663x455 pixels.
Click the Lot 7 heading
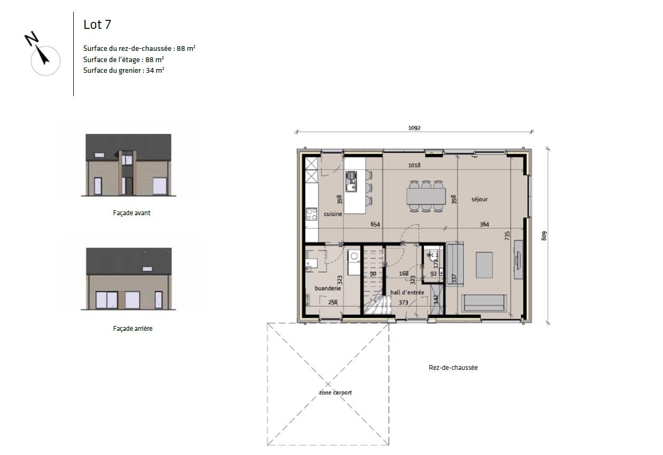pos(97,25)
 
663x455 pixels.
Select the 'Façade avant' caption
pos(132,213)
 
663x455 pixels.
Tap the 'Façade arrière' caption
pos(133,329)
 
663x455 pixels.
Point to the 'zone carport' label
pos(335,392)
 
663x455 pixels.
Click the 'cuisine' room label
pos(333,214)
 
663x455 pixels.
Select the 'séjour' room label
pos(479,199)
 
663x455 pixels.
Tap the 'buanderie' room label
pos(328,288)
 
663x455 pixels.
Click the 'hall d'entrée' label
pos(407,292)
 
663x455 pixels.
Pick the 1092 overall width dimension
pos(414,128)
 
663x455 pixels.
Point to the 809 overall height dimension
pos(544,236)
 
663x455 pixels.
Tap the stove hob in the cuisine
pos(311,214)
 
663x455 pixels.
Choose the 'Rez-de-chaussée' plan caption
pos(453,368)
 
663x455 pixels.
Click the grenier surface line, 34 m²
pos(124,70)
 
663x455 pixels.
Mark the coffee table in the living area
pos(484,266)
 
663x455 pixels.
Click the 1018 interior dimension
pos(414,165)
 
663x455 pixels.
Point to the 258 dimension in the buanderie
pos(333,302)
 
